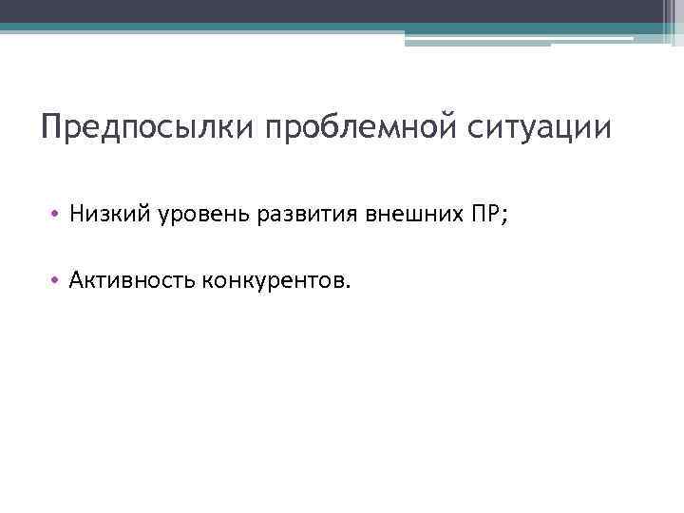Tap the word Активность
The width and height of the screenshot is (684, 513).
coord(130,280)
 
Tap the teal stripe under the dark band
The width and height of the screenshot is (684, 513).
coord(285,28)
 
